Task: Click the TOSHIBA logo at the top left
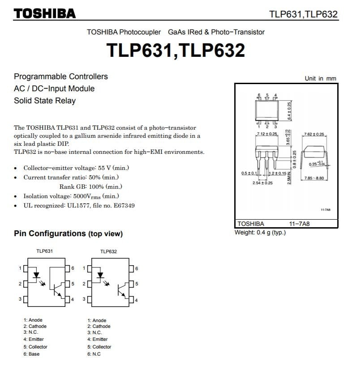coord(45,13)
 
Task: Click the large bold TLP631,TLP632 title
coord(176,50)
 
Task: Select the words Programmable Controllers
coord(61,76)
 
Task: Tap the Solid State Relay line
coord(45,101)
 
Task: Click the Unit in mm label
coord(320,78)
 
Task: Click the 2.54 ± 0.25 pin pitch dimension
coord(262,183)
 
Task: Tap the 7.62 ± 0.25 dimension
coord(313,134)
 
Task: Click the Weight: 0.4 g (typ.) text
coord(260,232)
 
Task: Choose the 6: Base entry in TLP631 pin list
coord(32,354)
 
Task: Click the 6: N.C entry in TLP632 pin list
coord(94,354)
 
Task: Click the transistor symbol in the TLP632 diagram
coord(120,289)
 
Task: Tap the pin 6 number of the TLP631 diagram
coord(73,268)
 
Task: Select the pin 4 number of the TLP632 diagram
coord(137,300)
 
